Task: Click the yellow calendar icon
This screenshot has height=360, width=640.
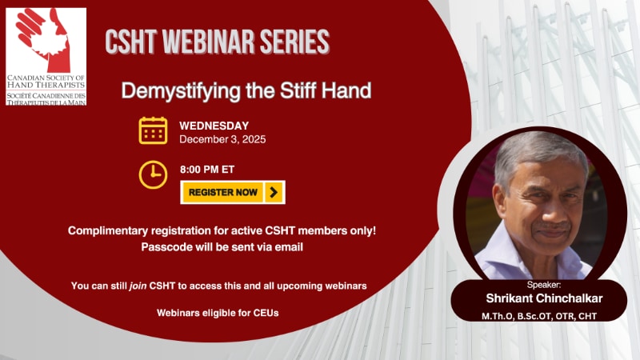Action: click(153, 130)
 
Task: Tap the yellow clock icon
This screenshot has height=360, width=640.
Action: click(153, 174)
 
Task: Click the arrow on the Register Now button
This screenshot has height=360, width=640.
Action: click(274, 192)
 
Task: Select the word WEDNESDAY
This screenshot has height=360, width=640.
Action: click(214, 126)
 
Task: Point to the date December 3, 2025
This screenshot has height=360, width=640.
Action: click(222, 139)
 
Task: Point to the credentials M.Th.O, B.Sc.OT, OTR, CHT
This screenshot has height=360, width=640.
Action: click(539, 317)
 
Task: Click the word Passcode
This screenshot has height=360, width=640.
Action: click(166, 246)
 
